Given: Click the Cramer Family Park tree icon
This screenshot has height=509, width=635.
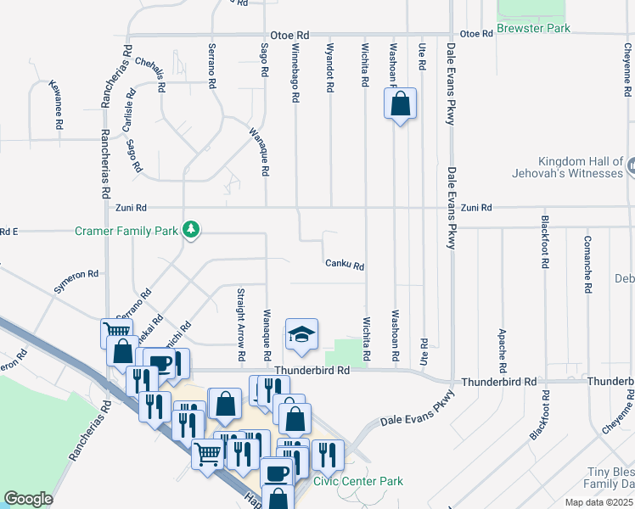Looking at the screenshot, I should click(193, 230).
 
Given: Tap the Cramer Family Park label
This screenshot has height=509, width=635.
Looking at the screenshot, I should click(126, 230).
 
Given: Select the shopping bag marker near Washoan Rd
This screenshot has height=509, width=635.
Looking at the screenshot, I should click(401, 105).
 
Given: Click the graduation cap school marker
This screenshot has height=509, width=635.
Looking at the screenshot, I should click(301, 336).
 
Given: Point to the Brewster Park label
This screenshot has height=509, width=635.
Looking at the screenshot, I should click(533, 28).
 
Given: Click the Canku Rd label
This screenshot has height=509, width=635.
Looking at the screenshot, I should click(345, 265).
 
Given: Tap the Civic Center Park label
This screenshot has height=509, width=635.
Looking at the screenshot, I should click(358, 481).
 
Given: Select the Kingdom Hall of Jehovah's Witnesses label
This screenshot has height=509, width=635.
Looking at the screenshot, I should click(581, 167).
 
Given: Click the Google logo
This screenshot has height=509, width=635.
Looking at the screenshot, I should click(28, 499).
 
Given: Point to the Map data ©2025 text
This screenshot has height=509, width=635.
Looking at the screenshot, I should click(598, 502).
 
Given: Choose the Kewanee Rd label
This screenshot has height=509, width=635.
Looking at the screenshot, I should click(59, 104).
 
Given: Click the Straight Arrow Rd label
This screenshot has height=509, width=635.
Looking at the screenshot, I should click(241, 316).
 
